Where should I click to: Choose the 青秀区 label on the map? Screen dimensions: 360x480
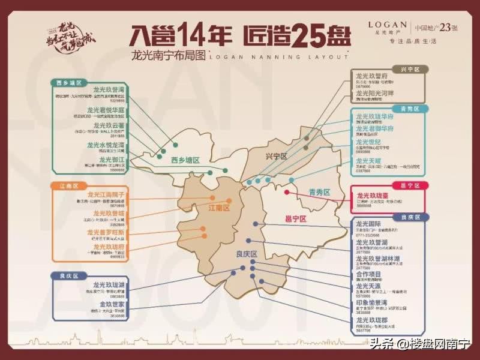coord(319,192)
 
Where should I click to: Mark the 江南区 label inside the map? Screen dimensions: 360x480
coord(219,207)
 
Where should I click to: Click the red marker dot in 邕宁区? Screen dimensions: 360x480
coord(287,192)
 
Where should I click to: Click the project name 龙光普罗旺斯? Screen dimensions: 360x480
coord(106,232)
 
